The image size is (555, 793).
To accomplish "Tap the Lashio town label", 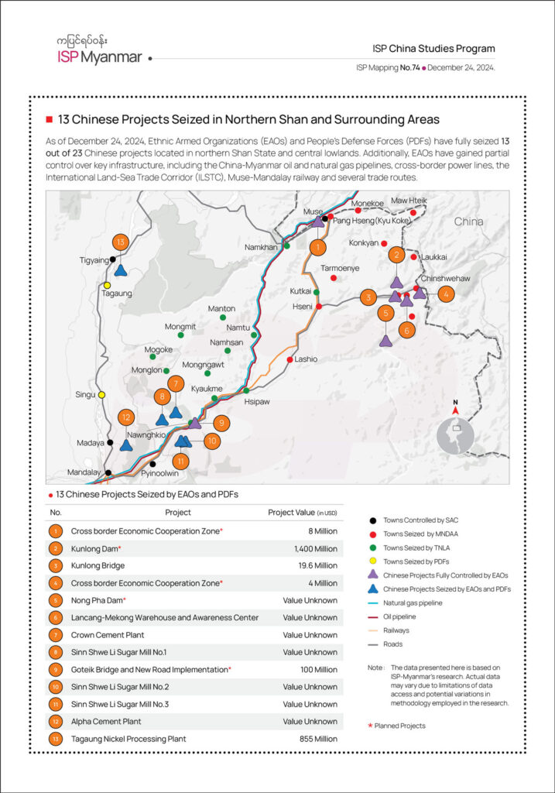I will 306,359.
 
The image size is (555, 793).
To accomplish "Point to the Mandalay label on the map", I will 84,472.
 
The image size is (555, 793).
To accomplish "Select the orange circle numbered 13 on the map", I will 119,241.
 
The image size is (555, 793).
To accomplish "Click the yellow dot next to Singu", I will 101,395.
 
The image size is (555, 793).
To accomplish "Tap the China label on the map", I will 468,221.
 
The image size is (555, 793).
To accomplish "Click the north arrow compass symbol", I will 455,403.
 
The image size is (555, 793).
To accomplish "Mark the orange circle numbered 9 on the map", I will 221,423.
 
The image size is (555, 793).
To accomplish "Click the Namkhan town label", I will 261,246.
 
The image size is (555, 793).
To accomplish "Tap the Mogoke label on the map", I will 159,349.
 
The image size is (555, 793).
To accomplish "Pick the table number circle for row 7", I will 55,635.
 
